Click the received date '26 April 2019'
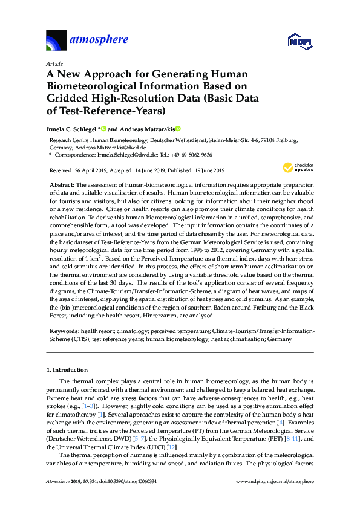point(93,169)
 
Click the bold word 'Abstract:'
point(62,183)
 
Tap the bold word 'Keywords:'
point(64,332)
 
